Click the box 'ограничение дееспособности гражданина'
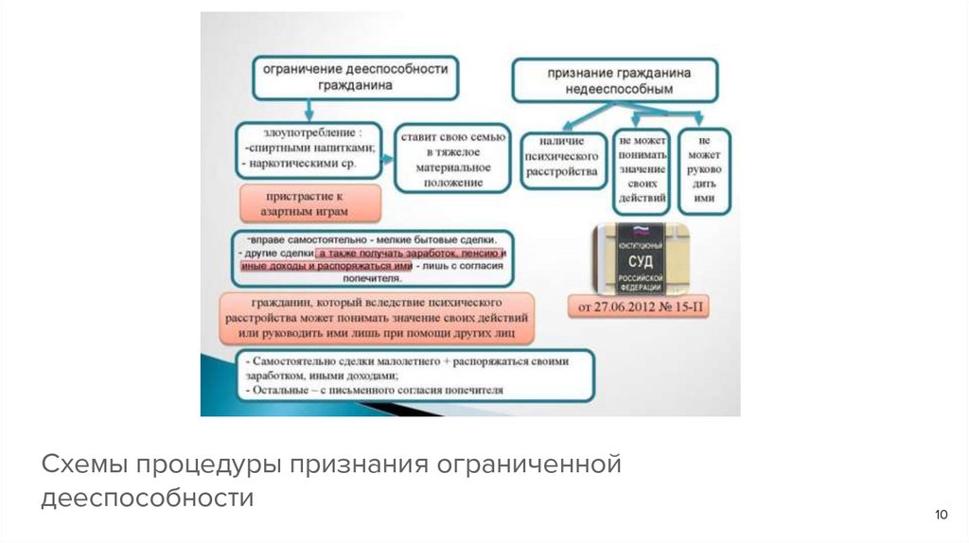[x=355, y=77]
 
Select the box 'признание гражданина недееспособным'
[x=618, y=80]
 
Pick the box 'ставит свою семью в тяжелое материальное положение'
[x=453, y=157]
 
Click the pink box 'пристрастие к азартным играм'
[x=310, y=203]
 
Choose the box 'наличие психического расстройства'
[x=561, y=158]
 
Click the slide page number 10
[x=941, y=515]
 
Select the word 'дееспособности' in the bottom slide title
[x=147, y=498]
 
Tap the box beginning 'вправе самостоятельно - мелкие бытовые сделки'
[x=373, y=258]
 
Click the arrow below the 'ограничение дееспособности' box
[x=308, y=109]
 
